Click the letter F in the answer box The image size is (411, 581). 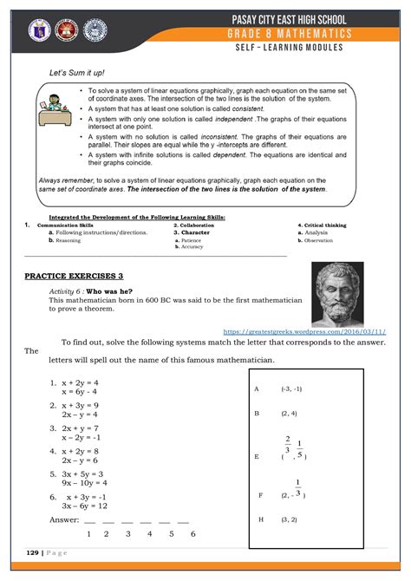pyautogui.click(x=259, y=494)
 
